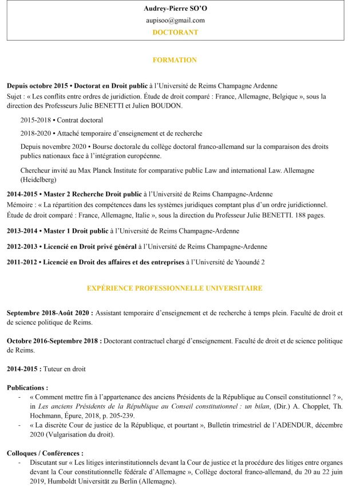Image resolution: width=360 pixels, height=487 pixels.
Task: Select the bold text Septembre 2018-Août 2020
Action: coord(50,313)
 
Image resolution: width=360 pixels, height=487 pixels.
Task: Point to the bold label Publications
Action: coord(27,387)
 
